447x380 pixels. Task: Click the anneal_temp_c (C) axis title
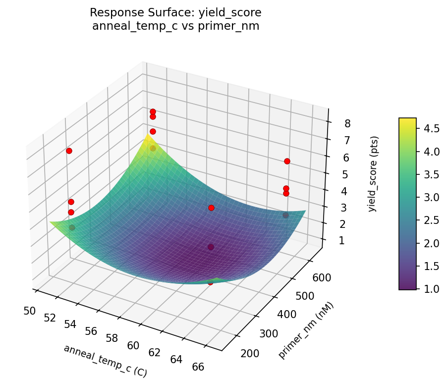coord(105,361)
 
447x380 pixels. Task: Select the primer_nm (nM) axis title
coord(306,330)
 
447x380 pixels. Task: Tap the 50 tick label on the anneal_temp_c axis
coord(29,311)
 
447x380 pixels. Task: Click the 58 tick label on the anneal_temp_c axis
coord(112,338)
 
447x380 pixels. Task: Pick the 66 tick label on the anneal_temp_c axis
coord(198,367)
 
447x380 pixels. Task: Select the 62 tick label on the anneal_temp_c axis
coord(155,352)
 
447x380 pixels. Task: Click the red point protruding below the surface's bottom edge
coord(210,282)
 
